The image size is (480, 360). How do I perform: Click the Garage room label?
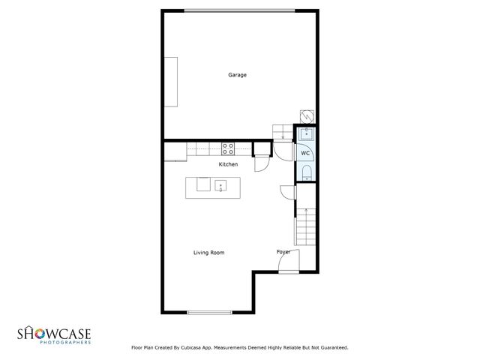[238, 75]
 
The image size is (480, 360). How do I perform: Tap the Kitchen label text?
[228, 164]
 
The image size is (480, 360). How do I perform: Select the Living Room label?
[208, 253]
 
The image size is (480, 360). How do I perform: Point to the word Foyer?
[283, 251]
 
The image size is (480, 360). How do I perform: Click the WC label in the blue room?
[305, 153]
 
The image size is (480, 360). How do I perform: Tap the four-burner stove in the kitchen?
[228, 147]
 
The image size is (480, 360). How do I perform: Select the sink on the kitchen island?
[220, 184]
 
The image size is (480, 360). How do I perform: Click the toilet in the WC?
[305, 175]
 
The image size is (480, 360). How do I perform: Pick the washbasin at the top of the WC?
[305, 134]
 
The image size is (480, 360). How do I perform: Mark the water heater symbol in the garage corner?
[306, 115]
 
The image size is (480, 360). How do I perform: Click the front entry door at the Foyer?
[290, 262]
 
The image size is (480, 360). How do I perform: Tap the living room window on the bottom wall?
[209, 313]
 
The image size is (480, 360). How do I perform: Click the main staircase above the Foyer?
[307, 225]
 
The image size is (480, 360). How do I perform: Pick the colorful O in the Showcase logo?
[38, 332]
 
